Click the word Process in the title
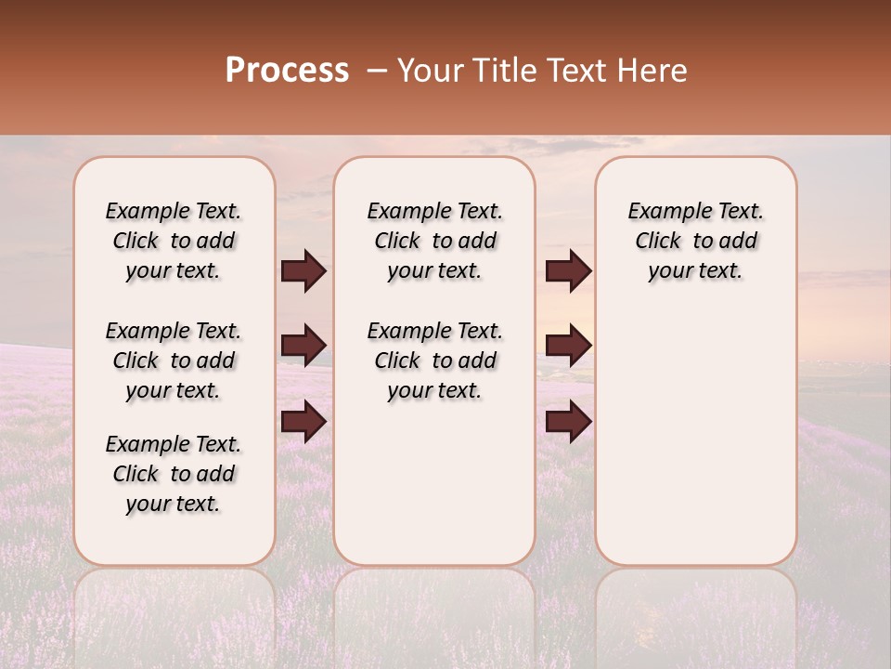(x=287, y=71)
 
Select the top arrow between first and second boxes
(x=303, y=271)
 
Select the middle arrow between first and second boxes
(x=303, y=346)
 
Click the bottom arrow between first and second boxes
(x=303, y=422)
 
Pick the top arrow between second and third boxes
(x=568, y=271)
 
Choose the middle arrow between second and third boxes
(x=568, y=346)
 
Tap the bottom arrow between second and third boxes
(x=568, y=422)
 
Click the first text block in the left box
(x=174, y=241)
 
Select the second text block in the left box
(x=174, y=361)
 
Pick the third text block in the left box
(x=174, y=474)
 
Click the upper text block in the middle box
(x=434, y=241)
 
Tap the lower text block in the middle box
(x=434, y=361)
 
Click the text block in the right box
(x=696, y=241)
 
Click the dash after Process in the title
(x=377, y=72)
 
